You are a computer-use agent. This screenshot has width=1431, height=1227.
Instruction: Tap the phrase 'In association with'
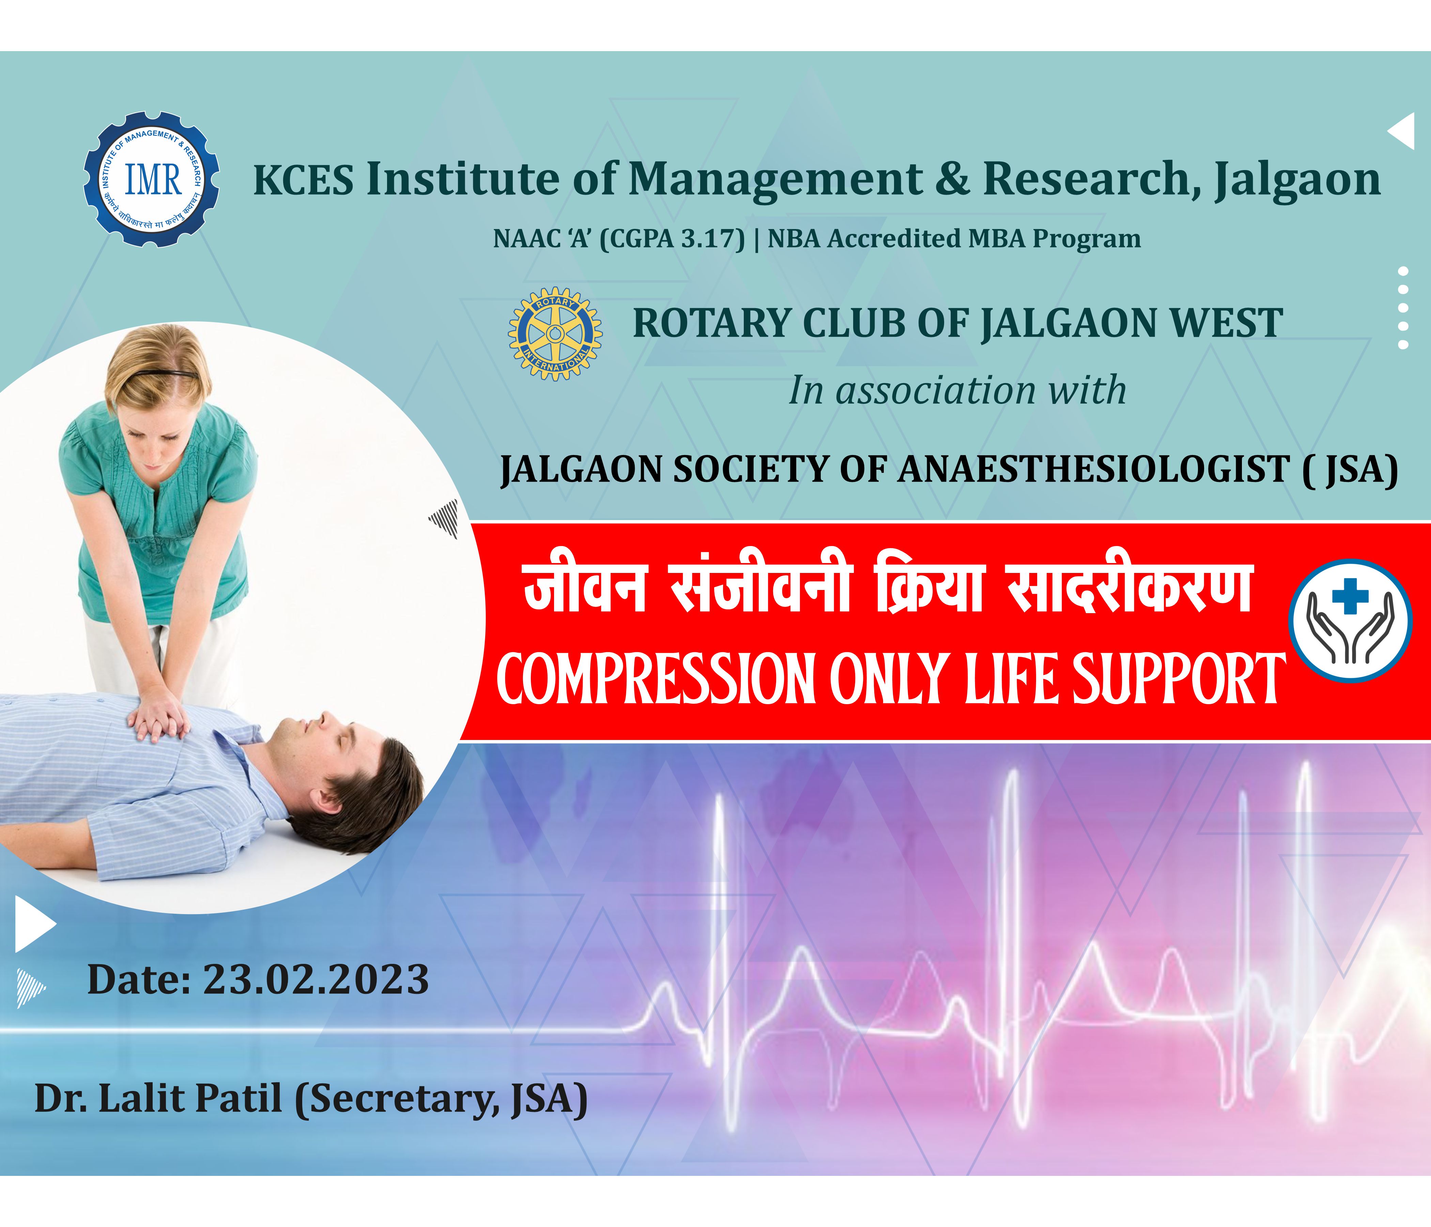(x=957, y=390)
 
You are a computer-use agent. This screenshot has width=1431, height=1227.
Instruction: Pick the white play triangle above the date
(x=34, y=924)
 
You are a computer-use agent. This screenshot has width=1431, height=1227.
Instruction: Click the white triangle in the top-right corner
(x=1402, y=131)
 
